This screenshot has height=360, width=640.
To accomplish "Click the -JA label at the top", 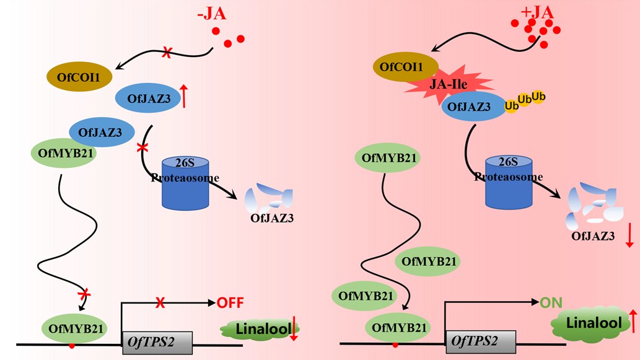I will (213, 13).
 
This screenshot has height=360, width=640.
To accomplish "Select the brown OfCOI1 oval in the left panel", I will (79, 77).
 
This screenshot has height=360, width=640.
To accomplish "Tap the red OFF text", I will (230, 303).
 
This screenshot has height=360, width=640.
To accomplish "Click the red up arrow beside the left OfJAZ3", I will (183, 97).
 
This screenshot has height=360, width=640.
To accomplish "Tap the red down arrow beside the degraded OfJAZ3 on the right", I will (629, 235).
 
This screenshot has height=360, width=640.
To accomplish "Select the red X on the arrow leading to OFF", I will (160, 303).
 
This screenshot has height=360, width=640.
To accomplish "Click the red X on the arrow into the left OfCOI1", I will (166, 54).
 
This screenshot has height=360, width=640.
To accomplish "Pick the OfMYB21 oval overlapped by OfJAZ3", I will (63, 153).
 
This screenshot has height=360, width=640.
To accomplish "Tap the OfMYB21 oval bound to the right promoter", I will (398, 327).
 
